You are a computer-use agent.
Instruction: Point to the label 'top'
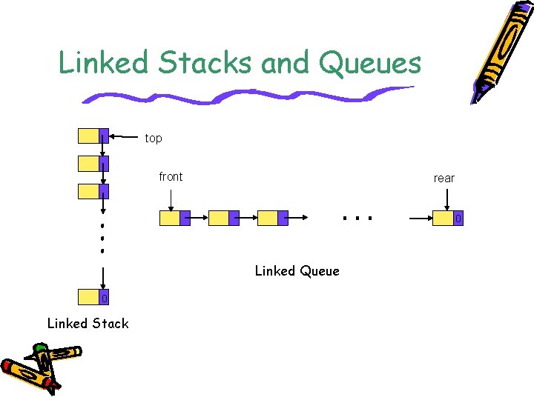(x=154, y=139)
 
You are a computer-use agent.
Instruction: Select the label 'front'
(x=171, y=176)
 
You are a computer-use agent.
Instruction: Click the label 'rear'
(x=444, y=178)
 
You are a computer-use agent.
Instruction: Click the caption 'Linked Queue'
(x=297, y=271)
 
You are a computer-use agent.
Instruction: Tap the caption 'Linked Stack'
(x=88, y=323)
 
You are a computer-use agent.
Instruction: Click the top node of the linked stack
(x=93, y=136)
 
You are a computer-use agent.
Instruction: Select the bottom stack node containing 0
(x=93, y=298)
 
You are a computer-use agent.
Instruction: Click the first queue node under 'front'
(x=175, y=218)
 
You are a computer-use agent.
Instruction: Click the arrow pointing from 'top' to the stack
(x=125, y=136)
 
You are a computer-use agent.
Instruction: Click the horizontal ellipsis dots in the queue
(x=356, y=218)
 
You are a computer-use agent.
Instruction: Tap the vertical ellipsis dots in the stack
(x=102, y=236)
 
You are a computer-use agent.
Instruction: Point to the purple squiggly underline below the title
(x=245, y=96)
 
